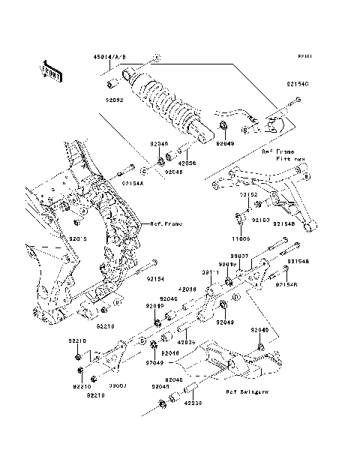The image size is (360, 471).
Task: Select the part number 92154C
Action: tap(297, 85)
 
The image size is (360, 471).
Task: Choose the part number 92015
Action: tap(79, 238)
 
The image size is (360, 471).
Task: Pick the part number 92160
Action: tap(259, 220)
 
